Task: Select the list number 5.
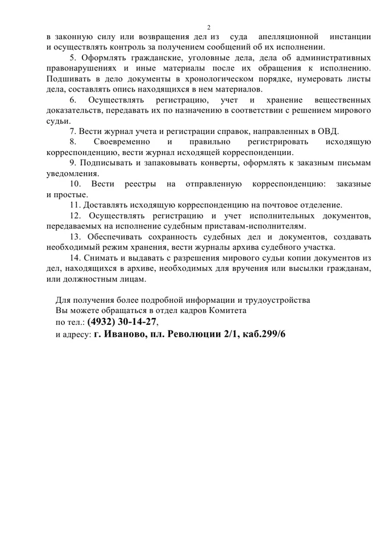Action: click(x=73, y=59)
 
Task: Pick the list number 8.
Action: click(x=73, y=141)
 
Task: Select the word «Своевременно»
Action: click(x=122, y=141)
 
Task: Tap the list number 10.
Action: click(x=75, y=184)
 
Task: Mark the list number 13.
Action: click(x=75, y=236)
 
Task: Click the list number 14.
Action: click(x=75, y=257)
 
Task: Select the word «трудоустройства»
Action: click(x=276, y=299)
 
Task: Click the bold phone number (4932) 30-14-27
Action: click(x=121, y=322)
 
